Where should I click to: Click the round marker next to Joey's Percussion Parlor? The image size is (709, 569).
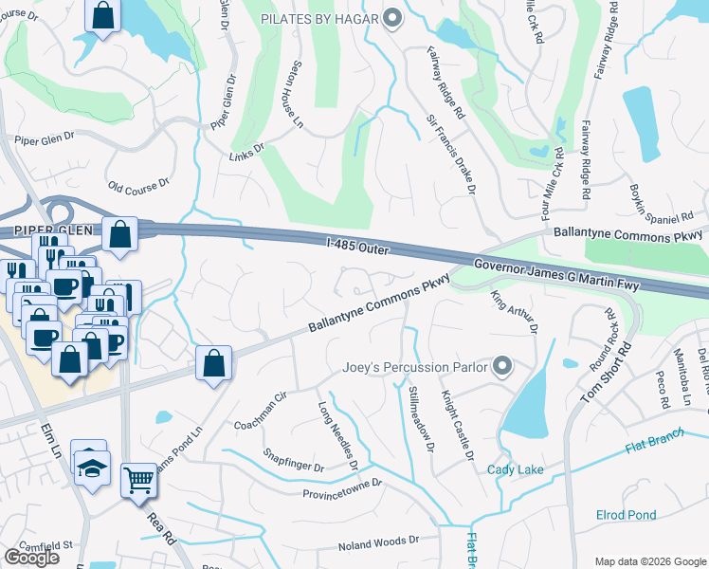pos(503,366)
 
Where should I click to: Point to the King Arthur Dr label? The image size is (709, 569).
pos(513,312)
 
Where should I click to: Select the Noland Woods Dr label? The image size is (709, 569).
pos(378,541)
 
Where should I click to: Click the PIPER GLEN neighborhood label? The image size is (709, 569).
pos(37,231)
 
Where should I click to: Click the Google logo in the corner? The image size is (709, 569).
pos(31,557)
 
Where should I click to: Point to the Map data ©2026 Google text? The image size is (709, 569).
pos(649,561)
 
